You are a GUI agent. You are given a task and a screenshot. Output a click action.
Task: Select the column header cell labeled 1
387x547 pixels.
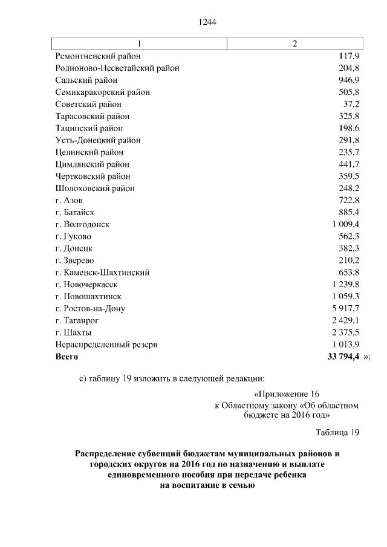(140, 44)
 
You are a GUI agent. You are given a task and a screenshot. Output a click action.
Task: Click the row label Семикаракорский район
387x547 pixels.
(102, 92)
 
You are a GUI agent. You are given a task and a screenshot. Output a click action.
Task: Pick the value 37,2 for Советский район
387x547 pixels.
(351, 105)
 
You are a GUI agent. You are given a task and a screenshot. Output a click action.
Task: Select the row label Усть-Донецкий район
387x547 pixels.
(97, 140)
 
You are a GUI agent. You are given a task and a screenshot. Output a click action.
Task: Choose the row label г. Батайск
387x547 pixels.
(74, 212)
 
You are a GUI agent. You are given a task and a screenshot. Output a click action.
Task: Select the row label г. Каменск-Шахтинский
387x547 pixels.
(102, 273)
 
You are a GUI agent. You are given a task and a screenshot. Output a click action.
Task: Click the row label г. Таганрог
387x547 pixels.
(76, 320)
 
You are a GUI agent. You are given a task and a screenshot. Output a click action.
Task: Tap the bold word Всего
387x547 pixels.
(67, 357)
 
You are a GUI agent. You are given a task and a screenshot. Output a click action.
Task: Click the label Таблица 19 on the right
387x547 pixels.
(337, 431)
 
